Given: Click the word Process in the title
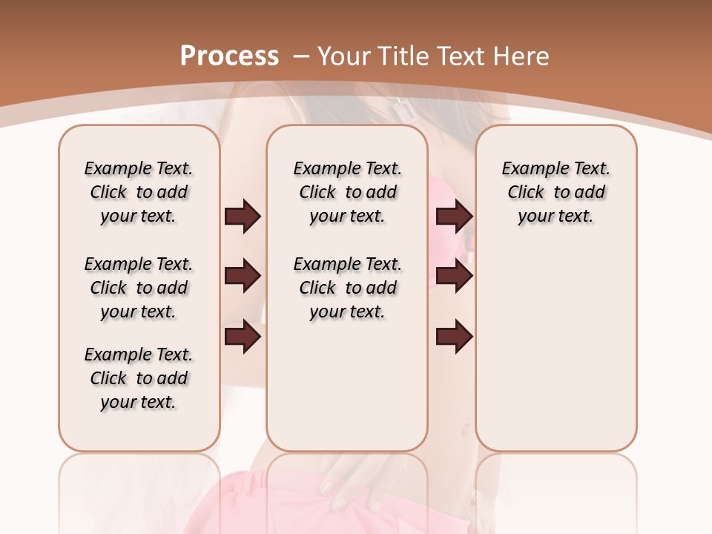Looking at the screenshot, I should click(x=229, y=56).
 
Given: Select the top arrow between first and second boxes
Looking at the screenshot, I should click(x=243, y=217).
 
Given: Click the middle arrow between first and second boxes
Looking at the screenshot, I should click(x=243, y=277).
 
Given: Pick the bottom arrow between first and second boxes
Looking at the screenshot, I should click(x=243, y=337).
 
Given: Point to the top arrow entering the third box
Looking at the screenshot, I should click(x=454, y=217).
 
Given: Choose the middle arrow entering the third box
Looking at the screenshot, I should click(x=454, y=277).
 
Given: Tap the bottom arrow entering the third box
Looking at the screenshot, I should click(x=454, y=337).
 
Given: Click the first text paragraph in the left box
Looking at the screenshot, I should click(x=139, y=192).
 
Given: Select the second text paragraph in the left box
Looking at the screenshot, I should click(x=139, y=288).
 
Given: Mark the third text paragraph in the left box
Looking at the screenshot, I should click(x=139, y=378).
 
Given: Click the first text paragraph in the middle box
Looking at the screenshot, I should click(x=347, y=192).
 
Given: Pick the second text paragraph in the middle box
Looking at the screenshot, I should click(x=347, y=288).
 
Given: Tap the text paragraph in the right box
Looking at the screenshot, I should click(x=556, y=192).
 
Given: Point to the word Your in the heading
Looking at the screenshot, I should click(x=343, y=56).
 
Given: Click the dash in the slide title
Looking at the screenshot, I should click(x=301, y=56).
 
